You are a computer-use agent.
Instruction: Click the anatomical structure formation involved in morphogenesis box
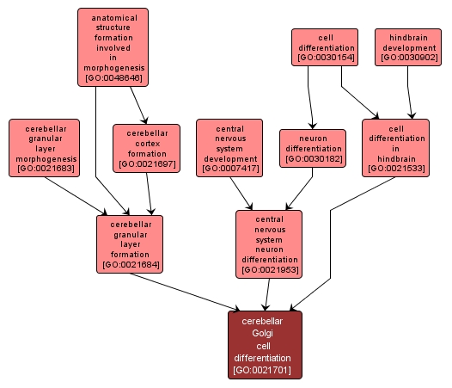(113, 47)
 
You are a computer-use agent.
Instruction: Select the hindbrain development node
(408, 47)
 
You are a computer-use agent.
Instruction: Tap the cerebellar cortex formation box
(146, 148)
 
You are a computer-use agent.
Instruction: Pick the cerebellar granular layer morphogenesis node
(44, 148)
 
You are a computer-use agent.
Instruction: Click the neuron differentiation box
(313, 148)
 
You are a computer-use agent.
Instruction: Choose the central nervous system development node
(229, 148)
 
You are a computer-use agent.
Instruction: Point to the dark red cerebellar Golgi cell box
(265, 345)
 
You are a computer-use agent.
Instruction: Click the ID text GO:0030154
(326, 58)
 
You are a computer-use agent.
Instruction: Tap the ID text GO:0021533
(396, 169)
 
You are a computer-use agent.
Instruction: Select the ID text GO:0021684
(131, 264)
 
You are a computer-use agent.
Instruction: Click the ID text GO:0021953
(270, 269)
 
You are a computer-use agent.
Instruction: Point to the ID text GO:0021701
(262, 370)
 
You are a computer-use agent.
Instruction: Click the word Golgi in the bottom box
(262, 333)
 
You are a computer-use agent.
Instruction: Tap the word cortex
(148, 144)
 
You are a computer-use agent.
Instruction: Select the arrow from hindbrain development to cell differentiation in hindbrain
(409, 92)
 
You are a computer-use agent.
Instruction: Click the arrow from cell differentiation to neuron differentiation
(309, 97)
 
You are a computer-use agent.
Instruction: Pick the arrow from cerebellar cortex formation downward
(149, 194)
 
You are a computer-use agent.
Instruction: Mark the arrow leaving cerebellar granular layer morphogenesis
(76, 196)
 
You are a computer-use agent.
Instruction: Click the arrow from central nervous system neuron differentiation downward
(267, 295)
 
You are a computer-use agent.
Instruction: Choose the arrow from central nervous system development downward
(241, 194)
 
